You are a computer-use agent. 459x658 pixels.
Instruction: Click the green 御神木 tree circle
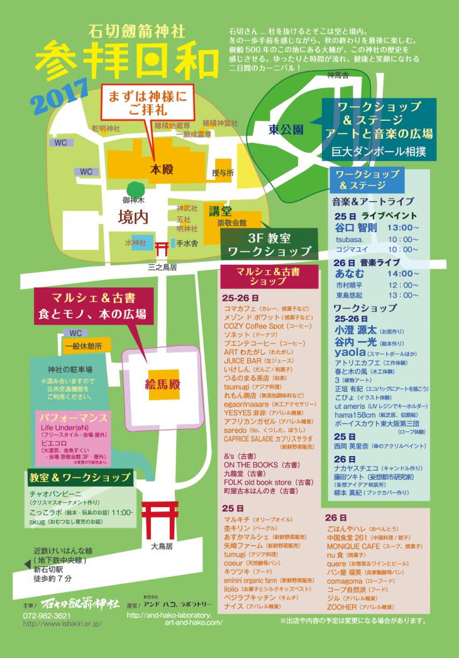point(135,189)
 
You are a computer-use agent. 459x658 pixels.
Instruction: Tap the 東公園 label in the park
point(286,130)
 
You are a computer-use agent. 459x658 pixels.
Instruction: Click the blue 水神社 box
point(135,242)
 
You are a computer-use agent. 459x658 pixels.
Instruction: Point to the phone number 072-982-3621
point(47,615)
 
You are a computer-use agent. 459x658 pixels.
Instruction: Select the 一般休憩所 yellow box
point(87,346)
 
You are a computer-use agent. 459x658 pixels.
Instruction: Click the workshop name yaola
point(350,353)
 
